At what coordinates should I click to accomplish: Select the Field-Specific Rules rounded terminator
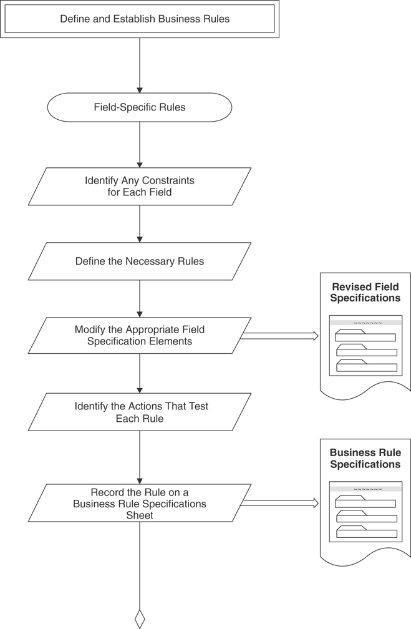click(x=139, y=107)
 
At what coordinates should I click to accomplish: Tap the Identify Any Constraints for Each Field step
click(x=139, y=186)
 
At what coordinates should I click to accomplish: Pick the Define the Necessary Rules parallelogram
click(x=139, y=261)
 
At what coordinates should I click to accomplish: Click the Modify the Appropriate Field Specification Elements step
click(x=139, y=335)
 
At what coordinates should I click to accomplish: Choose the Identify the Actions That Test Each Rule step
click(x=139, y=412)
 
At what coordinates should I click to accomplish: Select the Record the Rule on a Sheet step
click(x=139, y=503)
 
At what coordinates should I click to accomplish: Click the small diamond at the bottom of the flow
click(x=140, y=619)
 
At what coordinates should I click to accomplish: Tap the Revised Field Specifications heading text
click(x=365, y=293)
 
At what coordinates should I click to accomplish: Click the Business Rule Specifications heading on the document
click(x=365, y=459)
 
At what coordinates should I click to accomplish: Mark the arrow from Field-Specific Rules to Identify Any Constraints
click(x=140, y=144)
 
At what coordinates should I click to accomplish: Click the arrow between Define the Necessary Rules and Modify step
click(x=140, y=298)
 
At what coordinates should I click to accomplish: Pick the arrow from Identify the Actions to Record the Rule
click(x=140, y=457)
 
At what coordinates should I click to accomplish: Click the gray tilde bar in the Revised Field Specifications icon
click(x=365, y=323)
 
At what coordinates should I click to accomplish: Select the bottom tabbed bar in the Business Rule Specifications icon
click(x=366, y=532)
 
